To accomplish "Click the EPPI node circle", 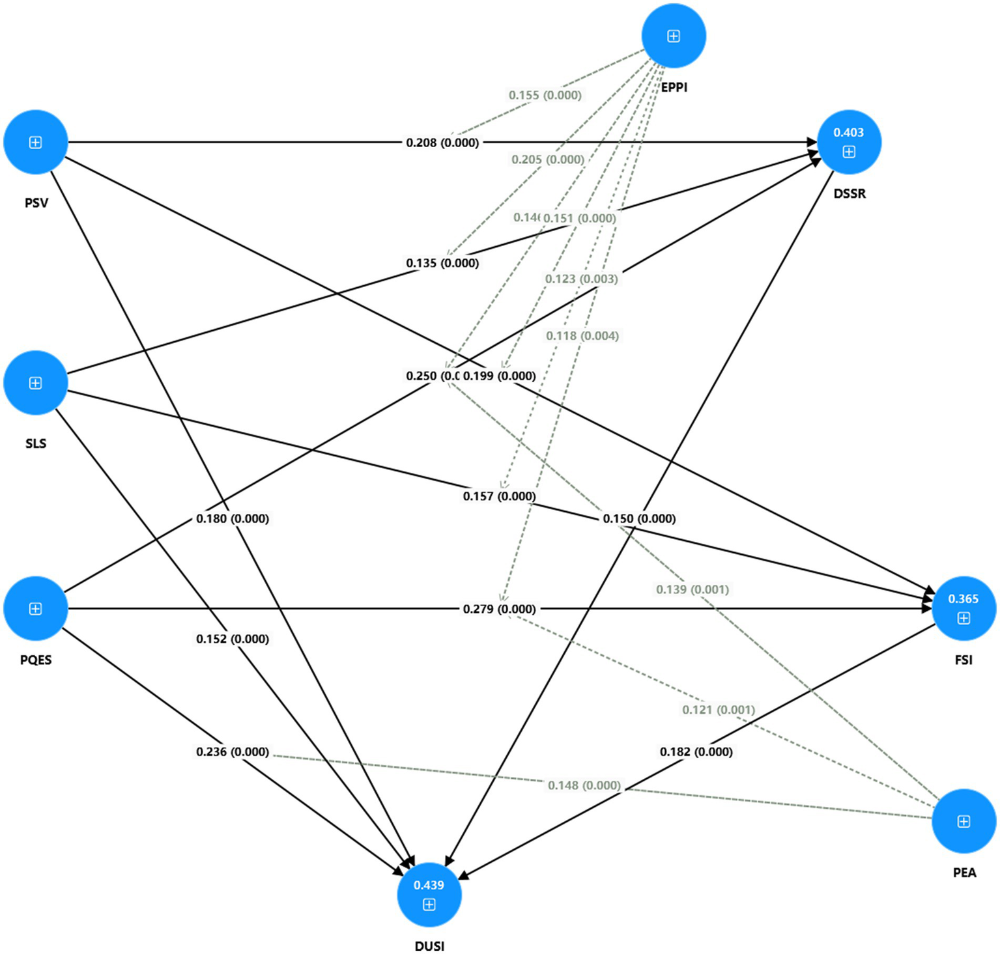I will tap(674, 36).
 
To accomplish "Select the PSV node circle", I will tap(36, 142).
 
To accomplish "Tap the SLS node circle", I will tap(36, 383).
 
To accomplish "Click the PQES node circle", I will tap(36, 608).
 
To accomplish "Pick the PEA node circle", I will tap(964, 821).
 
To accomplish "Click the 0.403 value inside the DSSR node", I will tap(848, 132).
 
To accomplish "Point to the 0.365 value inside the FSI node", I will tap(963, 598).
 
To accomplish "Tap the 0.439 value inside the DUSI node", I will tap(429, 885).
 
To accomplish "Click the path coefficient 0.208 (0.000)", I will tap(442, 143).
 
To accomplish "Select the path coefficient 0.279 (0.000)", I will tap(499, 609).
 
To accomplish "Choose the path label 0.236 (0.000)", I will tap(233, 751).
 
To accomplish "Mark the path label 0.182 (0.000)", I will tap(696, 751).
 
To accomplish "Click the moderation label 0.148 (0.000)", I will tap(584, 785).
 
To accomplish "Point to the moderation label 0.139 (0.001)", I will tap(692, 589).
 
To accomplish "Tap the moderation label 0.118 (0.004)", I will tap(582, 336).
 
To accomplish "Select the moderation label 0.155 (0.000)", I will tap(545, 95).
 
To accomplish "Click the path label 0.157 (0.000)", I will tap(499, 496).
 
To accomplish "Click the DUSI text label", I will tap(429, 946).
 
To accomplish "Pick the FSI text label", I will tap(963, 660).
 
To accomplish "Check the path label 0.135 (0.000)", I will tap(442, 263).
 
